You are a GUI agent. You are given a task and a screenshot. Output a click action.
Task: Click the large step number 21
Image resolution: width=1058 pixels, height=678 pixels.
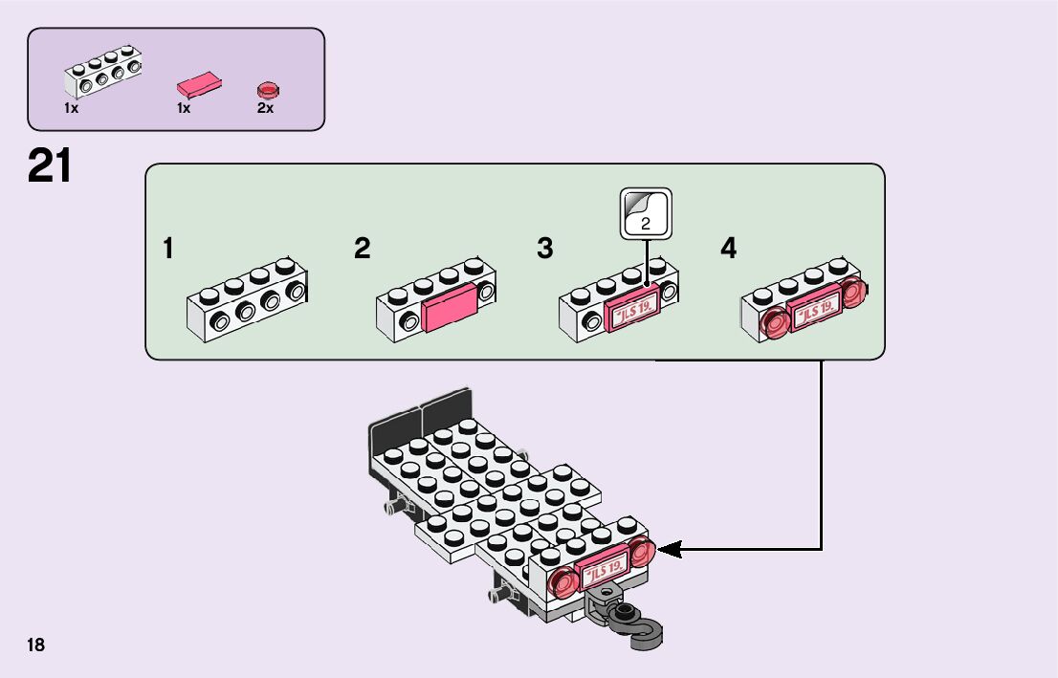pyautogui.click(x=50, y=165)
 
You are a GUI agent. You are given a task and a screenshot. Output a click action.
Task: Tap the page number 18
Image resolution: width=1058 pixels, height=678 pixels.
pyautogui.click(x=36, y=645)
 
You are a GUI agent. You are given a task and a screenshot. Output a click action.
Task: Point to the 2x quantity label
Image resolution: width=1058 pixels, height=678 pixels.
pyautogui.click(x=265, y=109)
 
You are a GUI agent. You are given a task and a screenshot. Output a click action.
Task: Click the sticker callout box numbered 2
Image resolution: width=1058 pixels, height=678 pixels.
pyautogui.click(x=646, y=213)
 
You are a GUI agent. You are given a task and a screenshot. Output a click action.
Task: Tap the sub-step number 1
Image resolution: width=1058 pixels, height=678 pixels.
pyautogui.click(x=168, y=250)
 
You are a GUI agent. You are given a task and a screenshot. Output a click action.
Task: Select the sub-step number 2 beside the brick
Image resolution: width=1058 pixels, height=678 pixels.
pyautogui.click(x=362, y=250)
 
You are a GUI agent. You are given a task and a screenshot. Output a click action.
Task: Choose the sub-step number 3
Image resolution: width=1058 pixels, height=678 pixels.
pyautogui.click(x=544, y=250)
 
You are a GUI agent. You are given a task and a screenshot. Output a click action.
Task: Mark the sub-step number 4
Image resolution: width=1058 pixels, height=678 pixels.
pyautogui.click(x=729, y=250)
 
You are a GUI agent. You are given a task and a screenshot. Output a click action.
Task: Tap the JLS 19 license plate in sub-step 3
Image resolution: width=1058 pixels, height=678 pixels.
pyautogui.click(x=631, y=312)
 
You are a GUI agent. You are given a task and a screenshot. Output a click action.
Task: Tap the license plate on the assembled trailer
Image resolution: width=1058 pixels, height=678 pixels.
pyautogui.click(x=606, y=569)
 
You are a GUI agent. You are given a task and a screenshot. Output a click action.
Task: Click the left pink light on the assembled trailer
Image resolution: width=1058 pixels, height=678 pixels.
pyautogui.click(x=565, y=581)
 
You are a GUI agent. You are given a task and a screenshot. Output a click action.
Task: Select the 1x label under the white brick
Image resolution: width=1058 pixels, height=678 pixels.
pyautogui.click(x=72, y=109)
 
